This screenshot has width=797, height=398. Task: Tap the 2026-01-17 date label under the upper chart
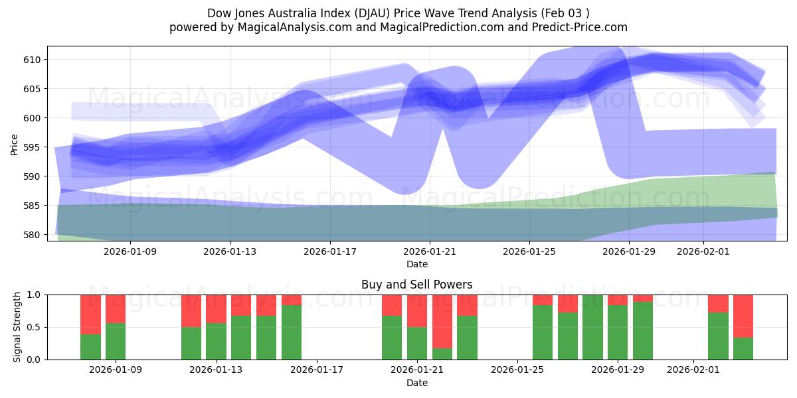pos(329,251)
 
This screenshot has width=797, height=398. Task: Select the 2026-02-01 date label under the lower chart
pos(693,370)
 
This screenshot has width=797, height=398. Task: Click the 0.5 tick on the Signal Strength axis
pos(33,327)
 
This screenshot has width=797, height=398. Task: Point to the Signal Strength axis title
pos(17,327)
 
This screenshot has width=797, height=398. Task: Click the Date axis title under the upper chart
pos(417,264)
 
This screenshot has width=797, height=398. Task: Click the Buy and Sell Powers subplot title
pos(417,285)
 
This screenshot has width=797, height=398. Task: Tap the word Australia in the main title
pos(292,13)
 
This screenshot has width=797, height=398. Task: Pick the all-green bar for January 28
pos(592,327)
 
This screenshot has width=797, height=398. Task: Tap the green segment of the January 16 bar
pos(292,332)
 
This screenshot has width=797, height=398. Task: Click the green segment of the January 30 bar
pos(643,330)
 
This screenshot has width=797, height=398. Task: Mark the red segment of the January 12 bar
pos(191,310)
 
